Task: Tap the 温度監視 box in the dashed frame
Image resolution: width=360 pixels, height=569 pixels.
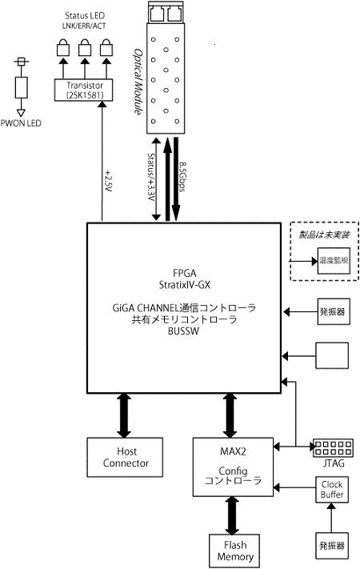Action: [x=331, y=262]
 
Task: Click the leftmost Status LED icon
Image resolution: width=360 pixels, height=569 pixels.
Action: [x=61, y=49]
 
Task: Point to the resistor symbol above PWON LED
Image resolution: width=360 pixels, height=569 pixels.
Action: [x=22, y=86]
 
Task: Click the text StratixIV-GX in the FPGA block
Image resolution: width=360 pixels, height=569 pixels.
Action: [x=184, y=282]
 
